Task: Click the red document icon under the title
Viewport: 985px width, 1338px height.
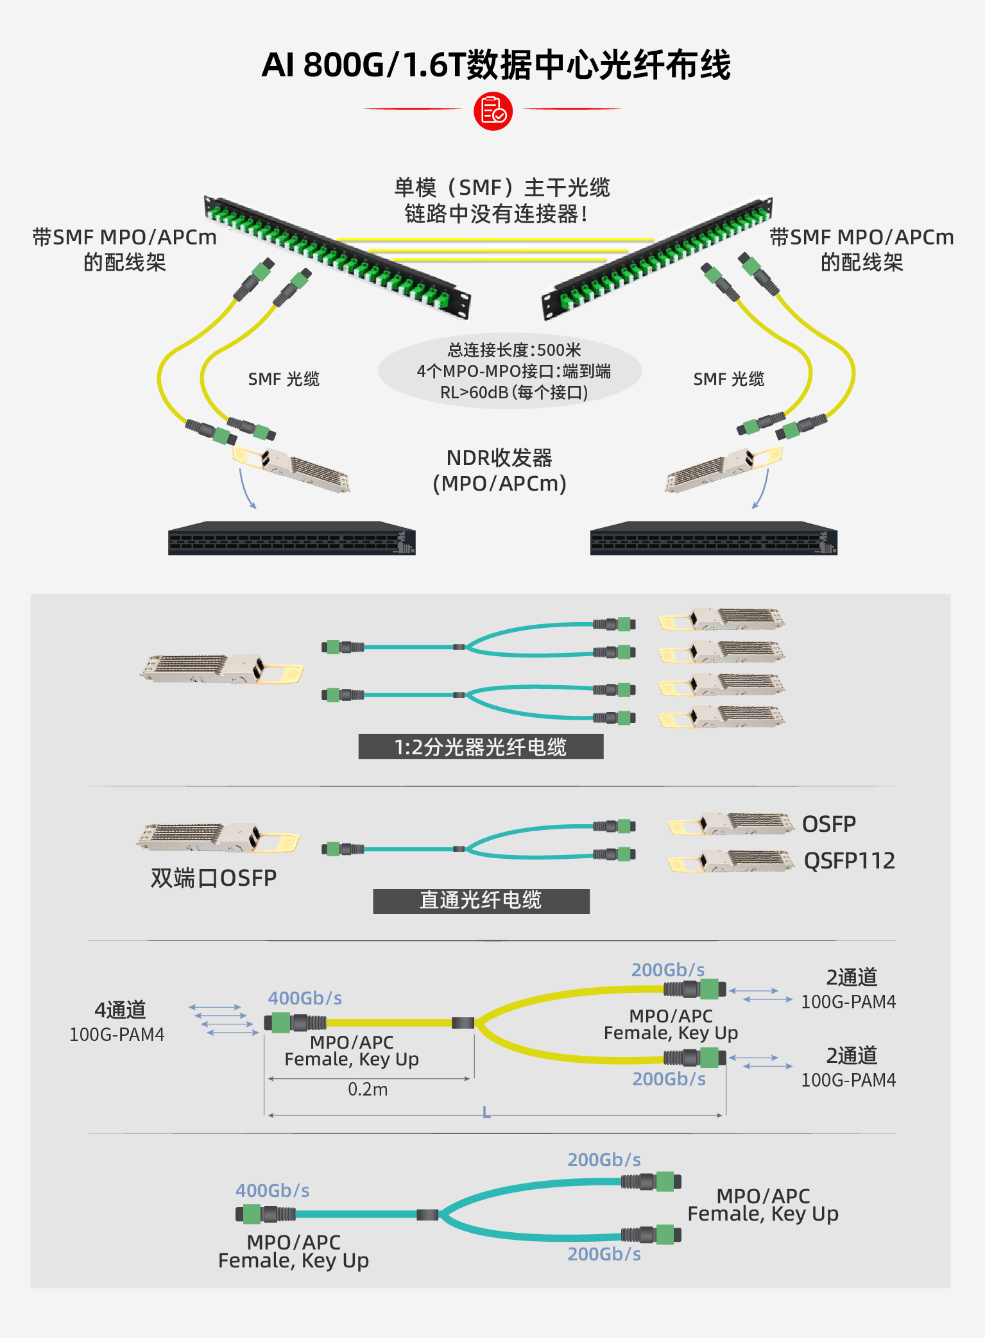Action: [x=493, y=111]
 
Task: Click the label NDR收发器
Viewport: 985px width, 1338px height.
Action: [x=499, y=458]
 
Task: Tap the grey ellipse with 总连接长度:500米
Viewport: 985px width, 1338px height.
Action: [x=510, y=371]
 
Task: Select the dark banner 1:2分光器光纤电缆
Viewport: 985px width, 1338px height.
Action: [x=481, y=747]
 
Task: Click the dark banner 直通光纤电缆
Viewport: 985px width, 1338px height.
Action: [x=481, y=901]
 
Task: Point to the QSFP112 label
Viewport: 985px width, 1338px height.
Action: [x=849, y=861]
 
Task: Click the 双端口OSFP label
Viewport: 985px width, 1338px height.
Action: [x=214, y=878]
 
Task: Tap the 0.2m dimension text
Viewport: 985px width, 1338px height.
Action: [x=368, y=1089]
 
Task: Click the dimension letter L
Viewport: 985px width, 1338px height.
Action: [x=486, y=1112]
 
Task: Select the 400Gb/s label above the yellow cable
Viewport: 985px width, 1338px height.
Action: [x=305, y=998]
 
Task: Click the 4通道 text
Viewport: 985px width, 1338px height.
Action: [x=120, y=1010]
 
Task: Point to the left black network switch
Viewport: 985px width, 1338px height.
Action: [x=291, y=539]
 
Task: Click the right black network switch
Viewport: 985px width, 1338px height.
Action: [x=714, y=539]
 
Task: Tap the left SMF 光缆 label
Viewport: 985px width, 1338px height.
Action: [x=284, y=379]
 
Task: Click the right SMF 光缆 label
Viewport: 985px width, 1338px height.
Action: [x=729, y=379]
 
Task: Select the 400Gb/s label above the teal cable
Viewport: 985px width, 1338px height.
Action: [x=273, y=1190]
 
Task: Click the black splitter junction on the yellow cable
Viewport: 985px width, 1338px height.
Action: [x=463, y=1022]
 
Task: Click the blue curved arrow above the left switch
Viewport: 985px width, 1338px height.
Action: [x=246, y=489]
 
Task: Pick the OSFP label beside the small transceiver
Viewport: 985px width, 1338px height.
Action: [x=829, y=824]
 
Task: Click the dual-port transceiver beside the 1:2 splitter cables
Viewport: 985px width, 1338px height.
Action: [x=221, y=669]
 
